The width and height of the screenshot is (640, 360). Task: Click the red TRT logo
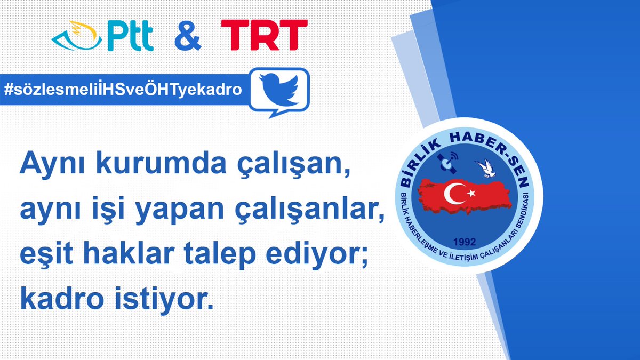[x=264, y=36]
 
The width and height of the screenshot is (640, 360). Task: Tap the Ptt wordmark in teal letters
[x=130, y=37]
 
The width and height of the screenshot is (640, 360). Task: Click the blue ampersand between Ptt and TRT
[x=187, y=36]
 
